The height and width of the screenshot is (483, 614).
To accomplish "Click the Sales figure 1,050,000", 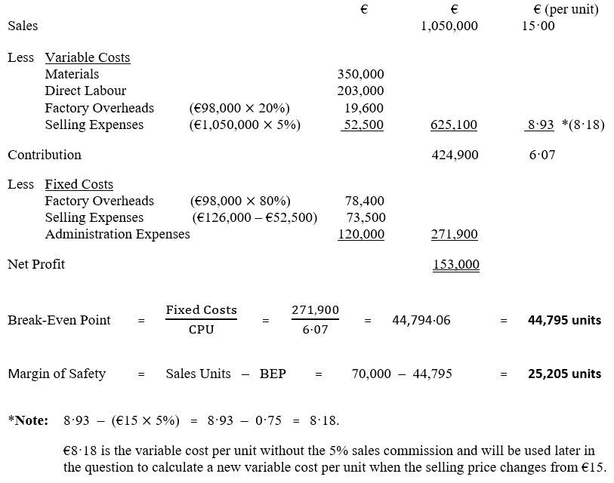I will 449,26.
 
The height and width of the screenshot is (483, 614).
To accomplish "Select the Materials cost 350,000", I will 360,74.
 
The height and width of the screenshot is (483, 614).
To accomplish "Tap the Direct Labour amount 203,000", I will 360,91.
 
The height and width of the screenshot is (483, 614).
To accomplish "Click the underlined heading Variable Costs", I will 88,57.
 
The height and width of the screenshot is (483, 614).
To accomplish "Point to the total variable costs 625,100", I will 453,125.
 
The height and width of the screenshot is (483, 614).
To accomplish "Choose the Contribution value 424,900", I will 454,155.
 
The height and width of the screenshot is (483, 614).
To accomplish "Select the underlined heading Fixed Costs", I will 79,184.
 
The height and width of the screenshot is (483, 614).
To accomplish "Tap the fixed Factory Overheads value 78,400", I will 364,201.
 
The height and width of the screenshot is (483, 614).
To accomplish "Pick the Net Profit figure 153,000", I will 455,264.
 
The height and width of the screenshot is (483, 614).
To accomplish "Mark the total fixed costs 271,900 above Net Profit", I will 454,234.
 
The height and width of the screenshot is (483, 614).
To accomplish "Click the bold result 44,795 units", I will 564,320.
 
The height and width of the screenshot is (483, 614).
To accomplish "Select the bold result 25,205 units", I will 564,374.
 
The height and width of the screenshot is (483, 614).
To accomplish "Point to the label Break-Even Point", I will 59,320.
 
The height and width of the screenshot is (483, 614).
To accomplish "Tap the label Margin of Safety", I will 57,374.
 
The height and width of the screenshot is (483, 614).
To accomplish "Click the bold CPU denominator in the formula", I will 201,330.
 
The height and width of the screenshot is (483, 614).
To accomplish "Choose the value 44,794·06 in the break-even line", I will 421,320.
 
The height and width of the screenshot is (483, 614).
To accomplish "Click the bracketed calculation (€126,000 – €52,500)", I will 255,217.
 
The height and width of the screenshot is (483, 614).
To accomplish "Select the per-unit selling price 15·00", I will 538,26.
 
